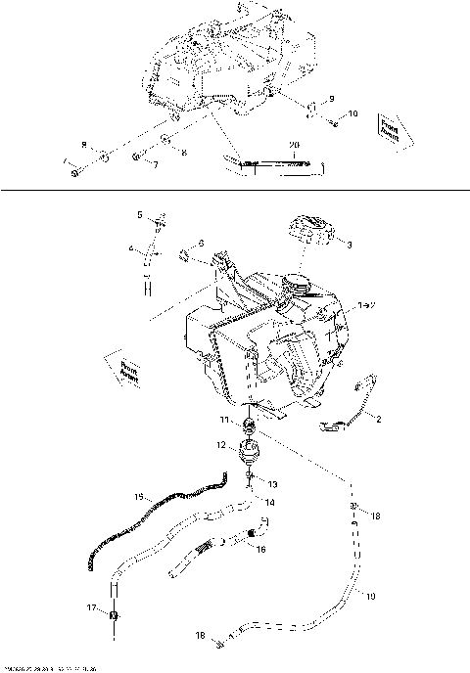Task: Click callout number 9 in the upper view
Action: click(331, 99)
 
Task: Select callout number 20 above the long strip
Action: click(293, 144)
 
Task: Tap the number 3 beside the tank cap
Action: click(350, 245)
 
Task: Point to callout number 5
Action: click(140, 214)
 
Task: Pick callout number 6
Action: click(201, 242)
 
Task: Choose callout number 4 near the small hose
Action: click(131, 248)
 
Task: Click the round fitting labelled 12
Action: click(252, 453)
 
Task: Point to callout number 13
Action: click(272, 483)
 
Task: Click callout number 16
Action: click(260, 550)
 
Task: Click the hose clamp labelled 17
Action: click(114, 615)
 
